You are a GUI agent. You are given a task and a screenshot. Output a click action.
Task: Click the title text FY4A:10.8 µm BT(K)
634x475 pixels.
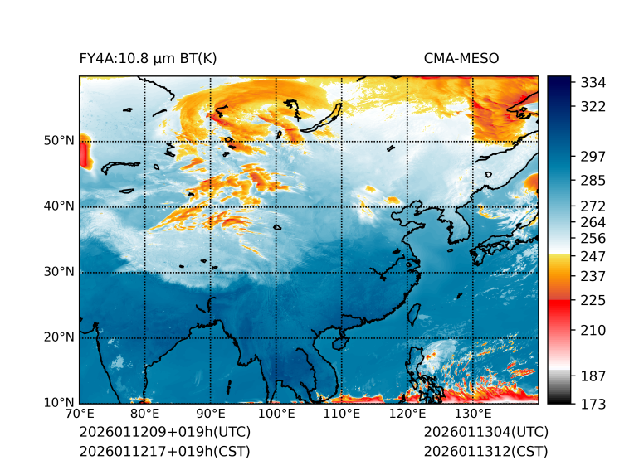(x=148, y=58)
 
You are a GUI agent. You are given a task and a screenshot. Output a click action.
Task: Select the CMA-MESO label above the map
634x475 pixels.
(x=461, y=58)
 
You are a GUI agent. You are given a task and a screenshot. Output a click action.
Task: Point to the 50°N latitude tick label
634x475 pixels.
(x=58, y=141)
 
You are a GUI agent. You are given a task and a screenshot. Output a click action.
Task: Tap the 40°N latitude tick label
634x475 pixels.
(x=58, y=206)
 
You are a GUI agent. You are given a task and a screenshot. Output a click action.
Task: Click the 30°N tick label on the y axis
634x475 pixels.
(x=58, y=272)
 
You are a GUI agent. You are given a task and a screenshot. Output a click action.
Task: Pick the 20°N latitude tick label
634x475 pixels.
(x=58, y=337)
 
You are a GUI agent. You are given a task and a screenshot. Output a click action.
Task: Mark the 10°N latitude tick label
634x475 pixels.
(x=58, y=403)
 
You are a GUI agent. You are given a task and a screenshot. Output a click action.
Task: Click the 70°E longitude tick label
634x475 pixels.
(x=80, y=414)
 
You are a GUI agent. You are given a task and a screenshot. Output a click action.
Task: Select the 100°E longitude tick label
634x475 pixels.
(x=276, y=414)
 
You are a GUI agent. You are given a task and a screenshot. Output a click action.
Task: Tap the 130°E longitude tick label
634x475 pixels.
(x=473, y=414)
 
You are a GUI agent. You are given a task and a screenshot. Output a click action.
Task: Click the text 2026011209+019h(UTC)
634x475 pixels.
(x=164, y=433)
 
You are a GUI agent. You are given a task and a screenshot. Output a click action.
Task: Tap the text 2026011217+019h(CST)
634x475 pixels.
(x=164, y=452)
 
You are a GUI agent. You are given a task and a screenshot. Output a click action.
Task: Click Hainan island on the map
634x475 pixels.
(x=338, y=342)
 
